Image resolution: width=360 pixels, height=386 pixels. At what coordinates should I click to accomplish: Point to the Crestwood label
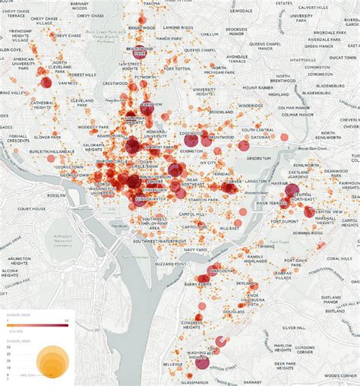(115, 84)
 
